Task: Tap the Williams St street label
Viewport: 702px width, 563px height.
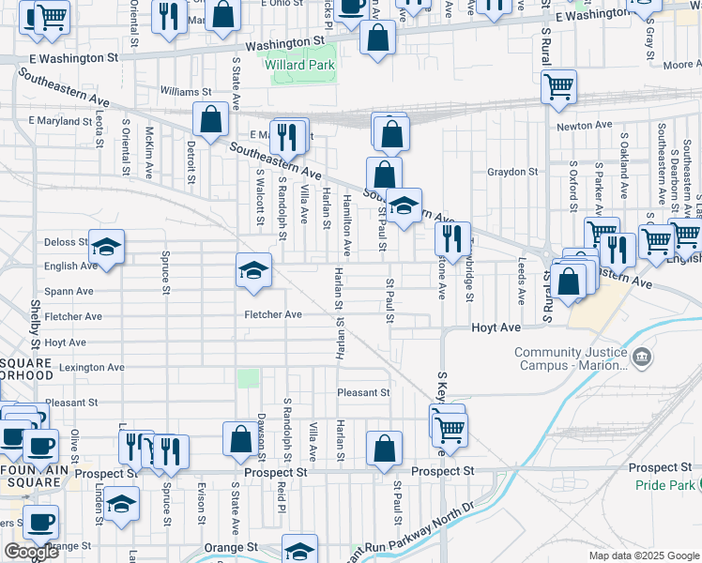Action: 186,92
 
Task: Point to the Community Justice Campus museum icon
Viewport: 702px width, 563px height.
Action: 642,357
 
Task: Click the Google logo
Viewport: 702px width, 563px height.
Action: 31,552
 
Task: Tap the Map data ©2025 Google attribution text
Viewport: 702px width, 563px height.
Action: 644,555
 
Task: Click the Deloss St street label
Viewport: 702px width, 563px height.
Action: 66,242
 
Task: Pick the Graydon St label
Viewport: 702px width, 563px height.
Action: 511,172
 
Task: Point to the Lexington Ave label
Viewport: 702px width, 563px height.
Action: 91,368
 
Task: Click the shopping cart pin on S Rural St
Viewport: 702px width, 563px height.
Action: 559,87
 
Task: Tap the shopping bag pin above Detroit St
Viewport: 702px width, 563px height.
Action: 210,120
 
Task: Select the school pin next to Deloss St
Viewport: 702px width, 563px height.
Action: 107,248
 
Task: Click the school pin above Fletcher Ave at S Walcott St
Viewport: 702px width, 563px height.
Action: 253,271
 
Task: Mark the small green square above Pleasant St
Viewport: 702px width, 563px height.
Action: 248,377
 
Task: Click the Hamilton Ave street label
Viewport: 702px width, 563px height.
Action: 346,225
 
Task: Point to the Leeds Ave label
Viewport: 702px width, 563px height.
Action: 521,281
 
